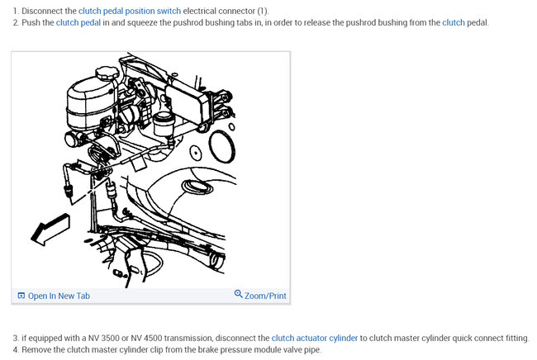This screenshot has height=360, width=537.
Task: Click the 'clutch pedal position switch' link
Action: tap(130, 11)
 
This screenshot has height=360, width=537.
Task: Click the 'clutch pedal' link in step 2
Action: tap(78, 22)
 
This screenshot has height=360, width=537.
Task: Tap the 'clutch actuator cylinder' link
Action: tap(314, 339)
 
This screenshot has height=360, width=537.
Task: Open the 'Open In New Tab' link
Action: tap(59, 296)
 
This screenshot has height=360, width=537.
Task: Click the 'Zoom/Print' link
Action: tap(265, 296)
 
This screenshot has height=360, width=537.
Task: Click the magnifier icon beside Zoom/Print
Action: tap(239, 295)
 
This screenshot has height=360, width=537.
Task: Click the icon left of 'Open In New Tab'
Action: tap(21, 296)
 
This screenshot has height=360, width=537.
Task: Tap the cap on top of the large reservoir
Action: tap(107, 73)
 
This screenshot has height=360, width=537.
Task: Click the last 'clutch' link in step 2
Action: tap(454, 22)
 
